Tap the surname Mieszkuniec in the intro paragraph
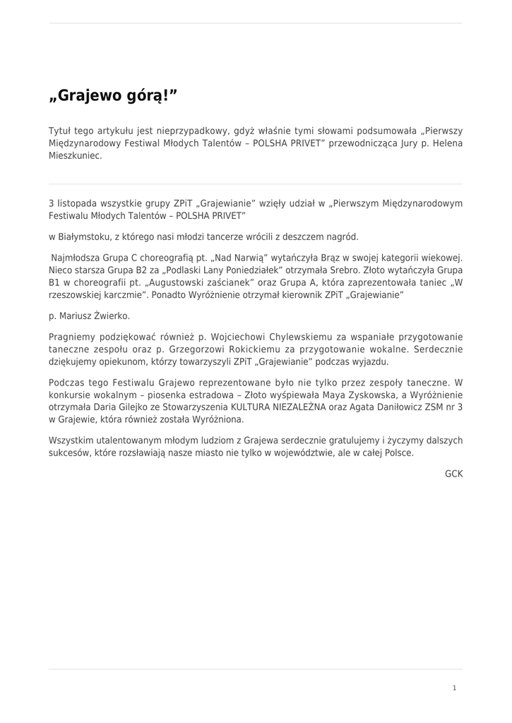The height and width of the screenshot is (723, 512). pos(76,156)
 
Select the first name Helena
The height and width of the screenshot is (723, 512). pos(446,143)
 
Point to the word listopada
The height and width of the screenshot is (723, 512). pos(79,203)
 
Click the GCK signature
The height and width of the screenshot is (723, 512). pos(453,473)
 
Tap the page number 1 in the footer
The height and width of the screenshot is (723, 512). pos(454,687)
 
